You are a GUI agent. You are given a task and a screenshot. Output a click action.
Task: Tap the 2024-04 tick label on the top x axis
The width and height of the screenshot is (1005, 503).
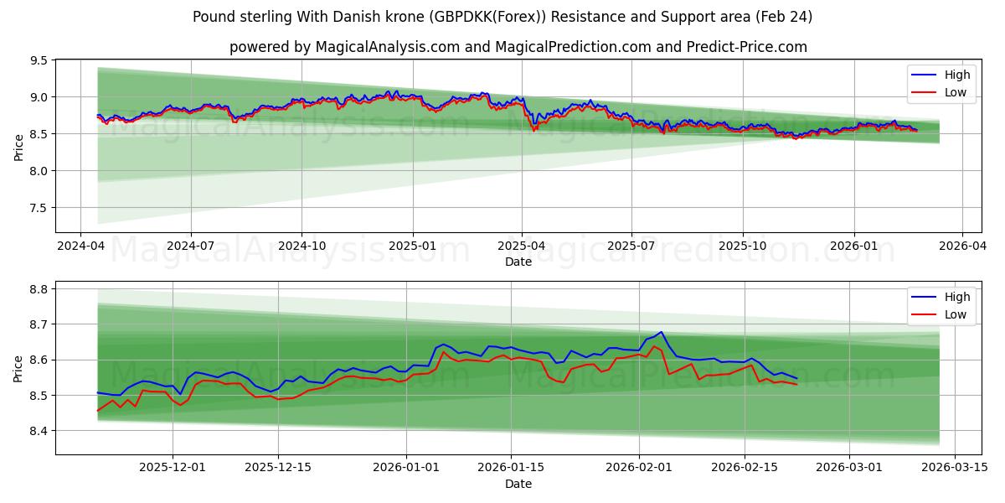(x=80, y=246)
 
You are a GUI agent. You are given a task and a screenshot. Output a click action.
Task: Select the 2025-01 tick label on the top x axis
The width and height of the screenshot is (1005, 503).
(x=412, y=246)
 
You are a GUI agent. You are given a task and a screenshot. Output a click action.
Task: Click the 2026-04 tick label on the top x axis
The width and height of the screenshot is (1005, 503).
(x=961, y=246)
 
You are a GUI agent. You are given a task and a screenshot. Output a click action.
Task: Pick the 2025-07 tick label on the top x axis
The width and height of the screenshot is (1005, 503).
(x=631, y=246)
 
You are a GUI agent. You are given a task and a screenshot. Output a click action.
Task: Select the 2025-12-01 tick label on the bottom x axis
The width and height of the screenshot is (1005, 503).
(x=173, y=468)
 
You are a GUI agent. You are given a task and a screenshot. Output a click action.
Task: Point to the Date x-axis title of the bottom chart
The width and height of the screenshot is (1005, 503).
(x=518, y=484)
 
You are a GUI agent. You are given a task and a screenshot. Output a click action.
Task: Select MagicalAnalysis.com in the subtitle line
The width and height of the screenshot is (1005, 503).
(x=387, y=47)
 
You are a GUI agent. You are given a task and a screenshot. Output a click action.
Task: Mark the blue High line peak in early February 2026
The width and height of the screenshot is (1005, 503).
(x=661, y=332)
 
